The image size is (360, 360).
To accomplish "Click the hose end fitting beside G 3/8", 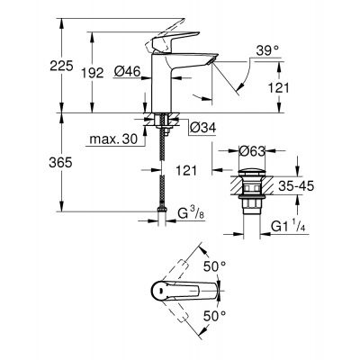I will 161,217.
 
